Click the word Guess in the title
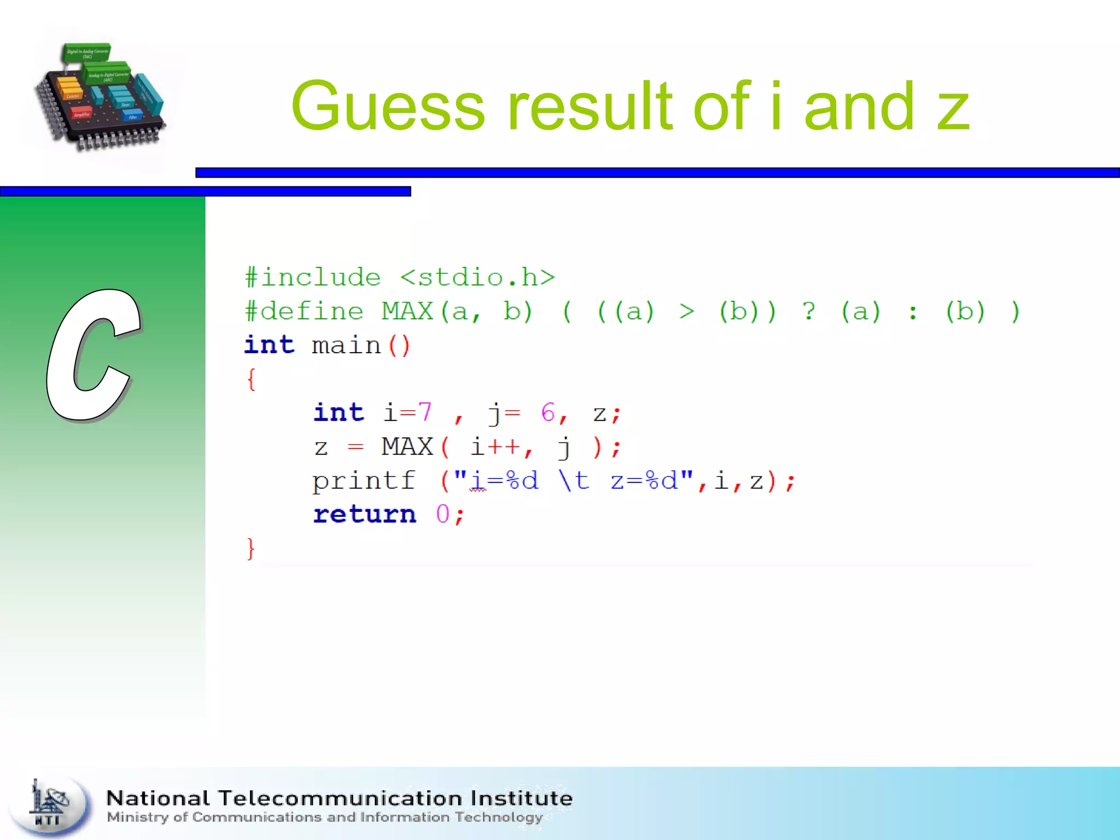388,107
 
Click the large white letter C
93,355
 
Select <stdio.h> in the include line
477,278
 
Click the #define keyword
304,312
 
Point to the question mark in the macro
809,312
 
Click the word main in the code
346,346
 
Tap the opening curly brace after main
251,379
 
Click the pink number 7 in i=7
425,413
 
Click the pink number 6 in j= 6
548,413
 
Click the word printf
364,481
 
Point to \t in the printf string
574,481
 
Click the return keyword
365,515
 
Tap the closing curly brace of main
251,549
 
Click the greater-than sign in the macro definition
687,312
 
